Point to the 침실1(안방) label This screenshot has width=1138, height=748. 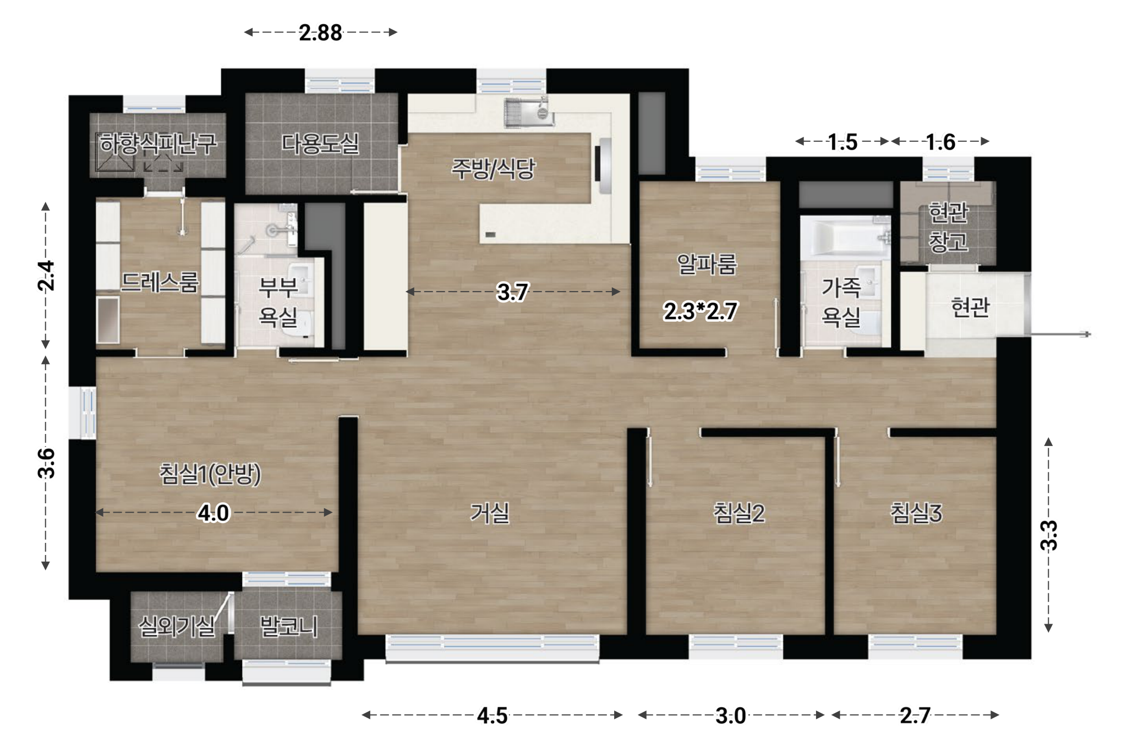coord(210,474)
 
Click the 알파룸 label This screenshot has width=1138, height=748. coord(707,264)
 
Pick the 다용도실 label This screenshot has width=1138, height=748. coord(320,144)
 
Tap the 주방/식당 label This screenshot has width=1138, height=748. coord(493,168)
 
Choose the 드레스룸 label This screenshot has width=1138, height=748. coord(159,282)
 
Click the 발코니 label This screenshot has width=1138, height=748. coord(289,626)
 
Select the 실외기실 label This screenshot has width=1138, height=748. coord(176,626)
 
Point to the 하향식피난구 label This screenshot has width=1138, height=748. coord(158,144)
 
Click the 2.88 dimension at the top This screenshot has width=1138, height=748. coord(320,33)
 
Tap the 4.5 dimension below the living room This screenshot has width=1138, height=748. coord(492,716)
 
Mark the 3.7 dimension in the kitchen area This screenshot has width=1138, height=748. coord(512,292)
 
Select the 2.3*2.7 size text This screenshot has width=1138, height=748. coord(700,312)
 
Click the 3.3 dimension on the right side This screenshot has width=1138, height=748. coord(1049,535)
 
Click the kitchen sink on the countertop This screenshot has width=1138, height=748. coord(528,112)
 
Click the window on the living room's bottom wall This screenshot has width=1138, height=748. coord(493,648)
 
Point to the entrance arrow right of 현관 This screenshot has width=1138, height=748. coord(1060,334)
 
